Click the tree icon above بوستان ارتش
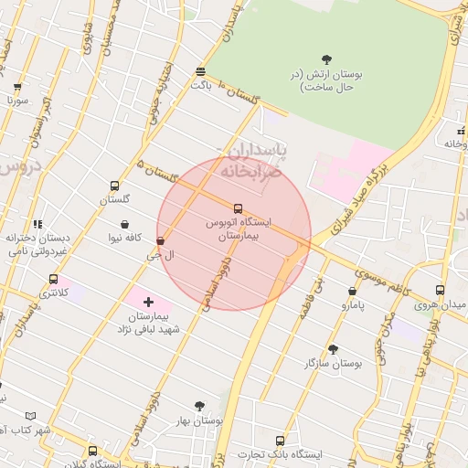[327, 59]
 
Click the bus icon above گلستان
[114, 185]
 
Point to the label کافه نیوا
[123, 239]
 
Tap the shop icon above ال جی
[161, 241]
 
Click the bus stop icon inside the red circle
[238, 209]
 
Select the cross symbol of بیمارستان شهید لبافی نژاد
[149, 301]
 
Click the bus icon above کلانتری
[53, 279]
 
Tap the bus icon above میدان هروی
[440, 291]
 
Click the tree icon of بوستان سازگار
[333, 349]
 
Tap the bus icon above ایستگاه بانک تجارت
[280, 441]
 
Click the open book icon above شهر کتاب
[31, 415]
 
